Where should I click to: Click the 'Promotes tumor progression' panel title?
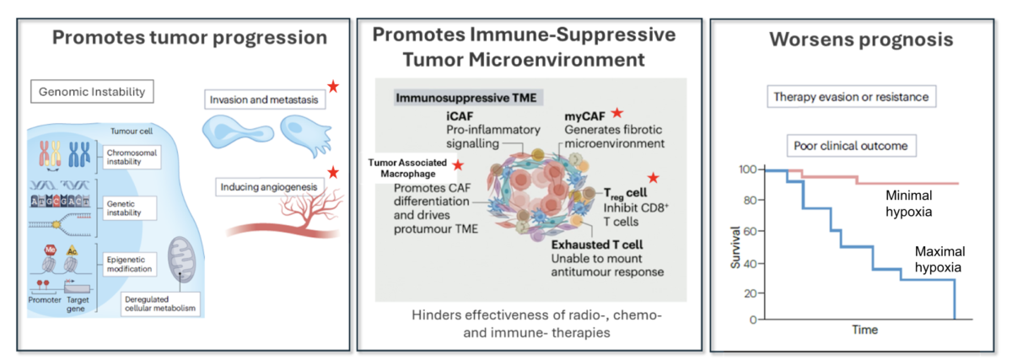point(190,38)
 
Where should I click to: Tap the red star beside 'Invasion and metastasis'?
point(335,87)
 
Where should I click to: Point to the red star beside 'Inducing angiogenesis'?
point(334,173)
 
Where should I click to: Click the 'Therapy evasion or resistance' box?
point(851,97)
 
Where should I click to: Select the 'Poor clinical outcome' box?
point(851,145)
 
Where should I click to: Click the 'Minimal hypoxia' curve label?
point(908,203)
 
